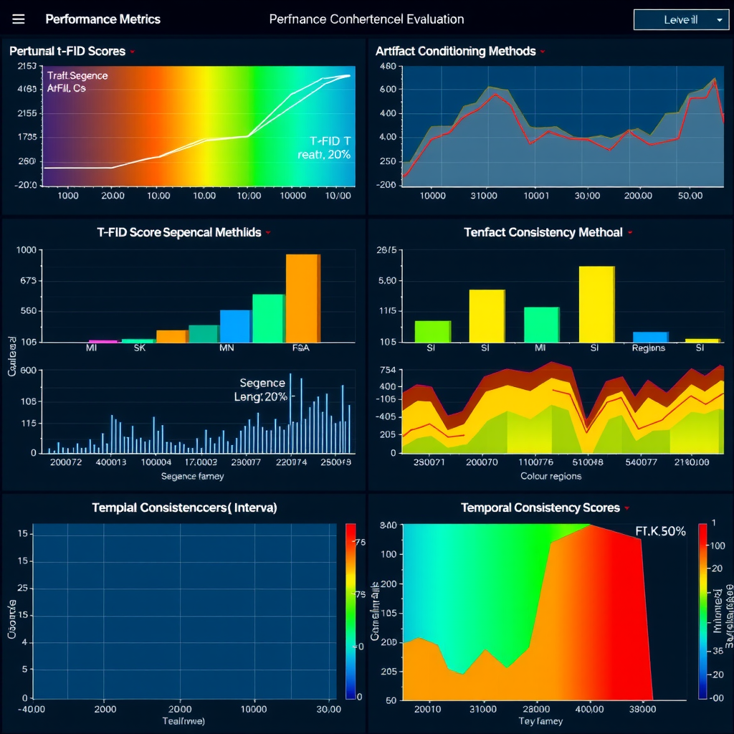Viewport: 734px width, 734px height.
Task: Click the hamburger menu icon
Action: pos(19,19)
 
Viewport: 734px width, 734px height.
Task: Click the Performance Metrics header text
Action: pos(103,19)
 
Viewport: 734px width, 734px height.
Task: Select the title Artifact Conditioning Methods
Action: pos(455,51)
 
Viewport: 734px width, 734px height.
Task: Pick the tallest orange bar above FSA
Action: pos(302,298)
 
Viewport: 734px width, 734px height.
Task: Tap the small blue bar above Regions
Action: pos(650,336)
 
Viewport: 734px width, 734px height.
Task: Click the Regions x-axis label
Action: pos(648,348)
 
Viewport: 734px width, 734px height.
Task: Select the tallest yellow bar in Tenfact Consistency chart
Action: pos(596,304)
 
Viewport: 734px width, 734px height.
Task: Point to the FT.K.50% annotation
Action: pos(660,531)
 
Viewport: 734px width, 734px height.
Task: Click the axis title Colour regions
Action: pos(550,476)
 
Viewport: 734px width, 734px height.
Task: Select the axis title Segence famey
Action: pos(192,476)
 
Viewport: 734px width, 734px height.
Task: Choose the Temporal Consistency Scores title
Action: pos(540,507)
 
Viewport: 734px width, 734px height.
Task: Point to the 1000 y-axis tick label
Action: pos(24,249)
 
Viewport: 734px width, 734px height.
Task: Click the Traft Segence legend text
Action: pos(77,75)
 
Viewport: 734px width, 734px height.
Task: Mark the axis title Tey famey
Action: pos(540,721)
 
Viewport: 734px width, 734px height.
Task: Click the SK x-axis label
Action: pos(140,348)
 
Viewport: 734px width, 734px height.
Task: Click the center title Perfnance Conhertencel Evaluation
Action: pos(366,19)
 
